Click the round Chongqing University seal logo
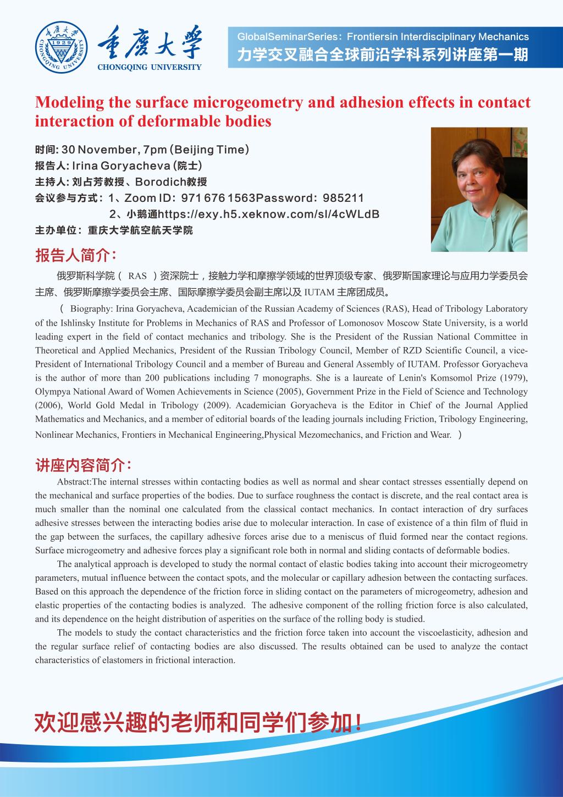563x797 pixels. (x=61, y=48)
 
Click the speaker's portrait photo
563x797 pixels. (x=479, y=189)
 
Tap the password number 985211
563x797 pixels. (x=343, y=198)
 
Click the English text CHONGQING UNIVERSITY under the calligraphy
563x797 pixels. (x=149, y=68)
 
